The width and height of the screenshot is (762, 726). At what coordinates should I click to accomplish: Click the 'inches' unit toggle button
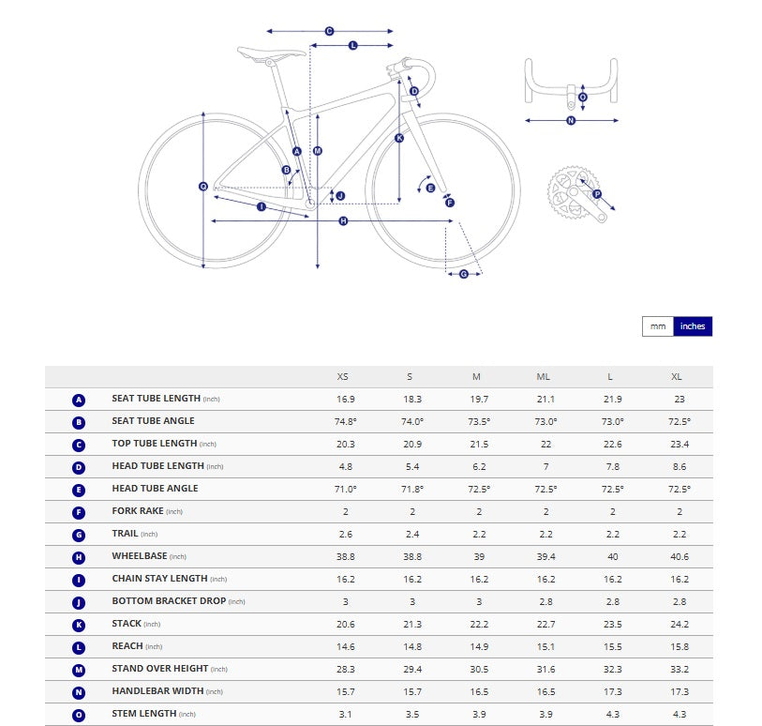click(x=693, y=326)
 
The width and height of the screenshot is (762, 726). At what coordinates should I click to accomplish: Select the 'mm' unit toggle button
click(x=658, y=326)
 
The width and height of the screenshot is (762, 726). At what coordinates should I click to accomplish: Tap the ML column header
click(x=544, y=376)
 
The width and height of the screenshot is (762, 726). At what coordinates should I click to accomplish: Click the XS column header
click(x=343, y=376)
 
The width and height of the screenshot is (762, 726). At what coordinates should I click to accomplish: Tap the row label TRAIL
click(x=125, y=534)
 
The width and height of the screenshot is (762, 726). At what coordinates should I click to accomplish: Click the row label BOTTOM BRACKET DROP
click(x=168, y=601)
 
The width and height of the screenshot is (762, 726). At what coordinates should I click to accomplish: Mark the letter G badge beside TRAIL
click(x=79, y=535)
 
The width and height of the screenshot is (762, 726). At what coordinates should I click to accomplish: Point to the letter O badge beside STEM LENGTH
click(x=79, y=715)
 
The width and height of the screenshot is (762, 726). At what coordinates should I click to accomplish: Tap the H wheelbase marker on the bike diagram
click(x=343, y=220)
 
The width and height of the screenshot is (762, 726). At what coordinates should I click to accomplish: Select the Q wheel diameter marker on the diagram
click(x=203, y=187)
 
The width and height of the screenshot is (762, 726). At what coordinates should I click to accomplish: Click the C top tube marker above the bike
click(x=329, y=31)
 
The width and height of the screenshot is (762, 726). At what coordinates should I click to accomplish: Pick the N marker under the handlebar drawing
click(x=571, y=120)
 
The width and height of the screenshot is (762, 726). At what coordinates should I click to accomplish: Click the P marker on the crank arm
click(x=597, y=194)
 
